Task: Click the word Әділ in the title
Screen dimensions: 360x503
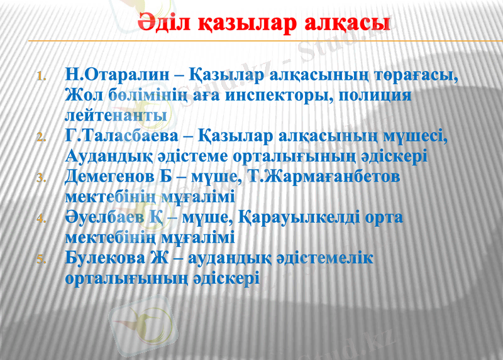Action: (160, 23)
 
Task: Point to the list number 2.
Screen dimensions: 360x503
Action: (41, 138)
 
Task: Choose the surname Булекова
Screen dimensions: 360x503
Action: (104, 258)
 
